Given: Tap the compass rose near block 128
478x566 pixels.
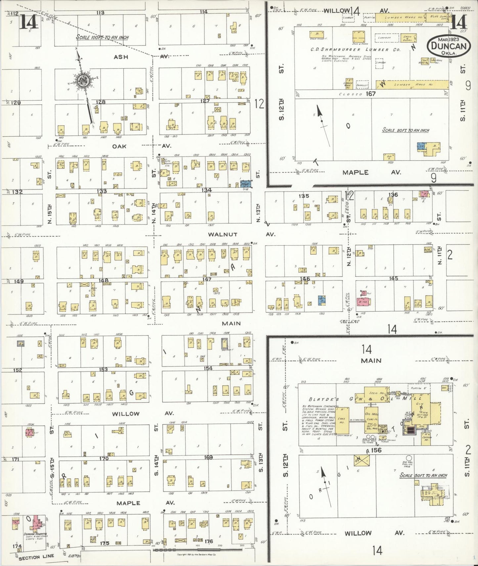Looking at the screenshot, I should click(x=83, y=80).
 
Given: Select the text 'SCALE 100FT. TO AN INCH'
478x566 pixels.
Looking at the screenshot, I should click(x=102, y=37).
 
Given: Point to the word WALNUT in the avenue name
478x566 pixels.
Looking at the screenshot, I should click(x=223, y=234).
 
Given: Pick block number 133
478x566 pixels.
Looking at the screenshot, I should click(x=102, y=191).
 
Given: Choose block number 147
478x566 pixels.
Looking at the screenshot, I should click(x=207, y=279).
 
